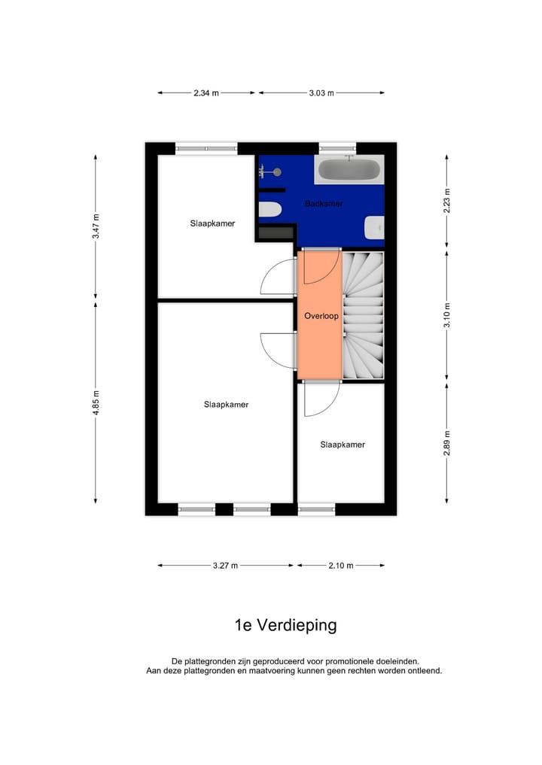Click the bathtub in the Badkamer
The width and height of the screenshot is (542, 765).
(349, 169)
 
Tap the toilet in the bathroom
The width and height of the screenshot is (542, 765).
(269, 210)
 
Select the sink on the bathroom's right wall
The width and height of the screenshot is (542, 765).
(375, 227)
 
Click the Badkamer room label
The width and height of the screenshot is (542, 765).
(324, 204)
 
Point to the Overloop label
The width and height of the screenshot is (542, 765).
(321, 317)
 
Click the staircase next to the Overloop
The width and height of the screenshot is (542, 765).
(364, 316)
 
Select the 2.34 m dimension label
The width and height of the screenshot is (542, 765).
(206, 93)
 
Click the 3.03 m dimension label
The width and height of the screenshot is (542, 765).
(321, 93)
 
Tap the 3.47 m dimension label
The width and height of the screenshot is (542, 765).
(96, 226)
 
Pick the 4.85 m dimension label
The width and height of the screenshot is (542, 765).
(96, 403)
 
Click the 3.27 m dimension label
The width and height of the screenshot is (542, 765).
(225, 566)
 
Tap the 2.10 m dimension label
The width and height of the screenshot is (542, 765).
(340, 566)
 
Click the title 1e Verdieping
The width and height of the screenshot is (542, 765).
(285, 625)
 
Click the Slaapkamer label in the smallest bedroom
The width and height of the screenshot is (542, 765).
(343, 445)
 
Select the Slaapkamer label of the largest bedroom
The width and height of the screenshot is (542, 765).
(226, 404)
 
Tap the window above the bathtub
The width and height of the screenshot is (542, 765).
(337, 148)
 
